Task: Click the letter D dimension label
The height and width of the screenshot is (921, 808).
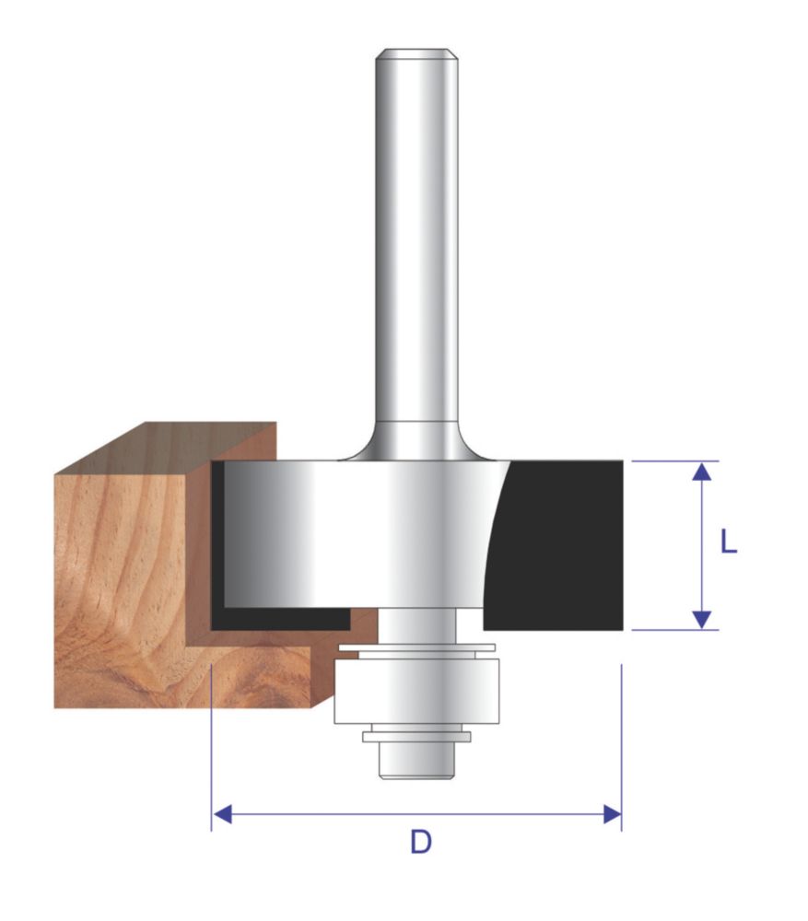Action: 421,842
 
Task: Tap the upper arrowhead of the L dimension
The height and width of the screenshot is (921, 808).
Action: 702,472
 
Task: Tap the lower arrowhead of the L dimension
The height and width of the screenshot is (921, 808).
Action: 702,620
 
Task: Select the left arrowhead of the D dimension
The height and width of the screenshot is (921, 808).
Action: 221,815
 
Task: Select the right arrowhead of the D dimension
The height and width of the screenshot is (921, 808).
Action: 612,815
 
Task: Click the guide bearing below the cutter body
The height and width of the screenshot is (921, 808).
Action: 416,691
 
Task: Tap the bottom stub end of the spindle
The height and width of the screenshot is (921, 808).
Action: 416,761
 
